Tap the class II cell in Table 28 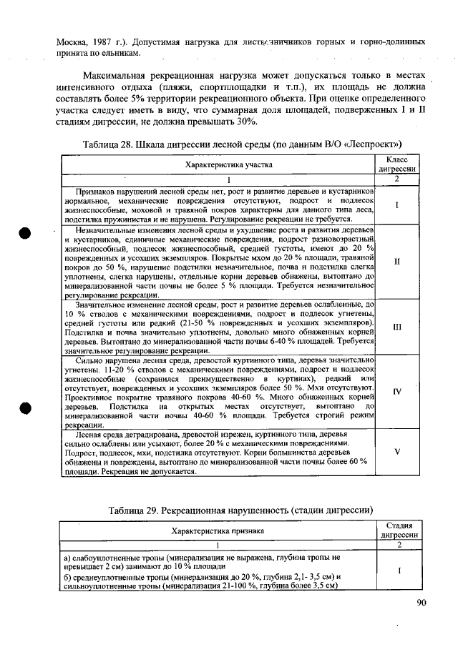tap(396, 262)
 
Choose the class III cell tap(396, 327)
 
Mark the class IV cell tap(396, 392)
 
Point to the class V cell tap(396, 453)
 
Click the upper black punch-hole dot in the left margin tap(25, 236)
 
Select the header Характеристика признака tap(218, 530)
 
